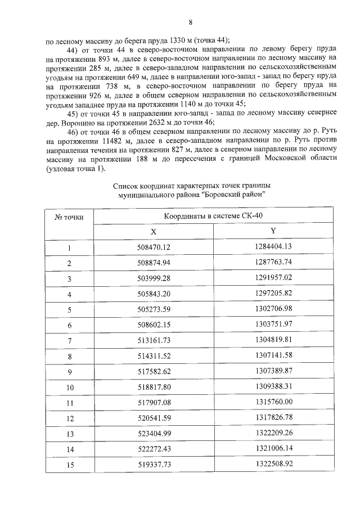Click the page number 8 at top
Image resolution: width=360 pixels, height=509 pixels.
190,23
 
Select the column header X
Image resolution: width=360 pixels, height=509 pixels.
153,231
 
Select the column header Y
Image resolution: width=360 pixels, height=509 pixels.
273,231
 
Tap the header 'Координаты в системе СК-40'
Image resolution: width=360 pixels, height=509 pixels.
213,216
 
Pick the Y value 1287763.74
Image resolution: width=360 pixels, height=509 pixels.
273,262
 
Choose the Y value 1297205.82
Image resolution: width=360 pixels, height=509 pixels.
273,294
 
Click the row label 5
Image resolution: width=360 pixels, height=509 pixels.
69,310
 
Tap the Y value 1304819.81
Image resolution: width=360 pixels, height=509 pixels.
273,340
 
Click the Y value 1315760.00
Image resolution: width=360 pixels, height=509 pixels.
273,403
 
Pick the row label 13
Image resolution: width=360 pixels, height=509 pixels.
69,434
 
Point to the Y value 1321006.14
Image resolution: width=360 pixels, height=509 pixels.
273,449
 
